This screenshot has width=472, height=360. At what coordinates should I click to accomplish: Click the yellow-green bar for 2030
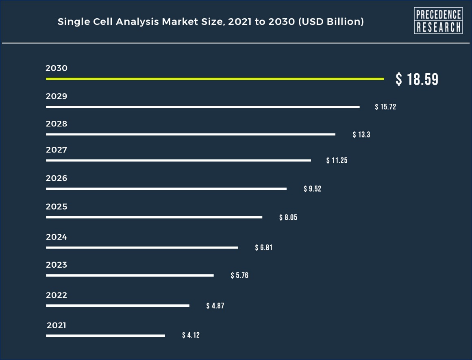215,79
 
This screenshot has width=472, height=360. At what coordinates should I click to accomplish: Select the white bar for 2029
202,107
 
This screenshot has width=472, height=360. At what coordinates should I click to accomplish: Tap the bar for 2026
166,189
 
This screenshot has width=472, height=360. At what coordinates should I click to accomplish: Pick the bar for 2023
130,275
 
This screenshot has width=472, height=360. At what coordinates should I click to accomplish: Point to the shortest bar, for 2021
105,336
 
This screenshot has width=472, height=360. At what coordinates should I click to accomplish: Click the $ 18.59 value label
417,79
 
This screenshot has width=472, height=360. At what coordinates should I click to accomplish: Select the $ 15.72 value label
385,107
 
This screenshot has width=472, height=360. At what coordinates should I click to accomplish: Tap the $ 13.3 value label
361,135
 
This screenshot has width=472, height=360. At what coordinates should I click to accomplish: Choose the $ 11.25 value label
337,160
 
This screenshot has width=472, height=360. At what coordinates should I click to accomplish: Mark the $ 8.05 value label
288,217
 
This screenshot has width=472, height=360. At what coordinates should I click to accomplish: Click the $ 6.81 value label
264,247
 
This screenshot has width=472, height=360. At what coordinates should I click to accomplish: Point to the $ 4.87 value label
215,305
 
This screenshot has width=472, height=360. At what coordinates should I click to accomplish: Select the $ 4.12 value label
191,335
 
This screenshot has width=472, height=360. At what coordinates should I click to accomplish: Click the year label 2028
57,124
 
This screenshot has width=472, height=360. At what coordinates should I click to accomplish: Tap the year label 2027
57,150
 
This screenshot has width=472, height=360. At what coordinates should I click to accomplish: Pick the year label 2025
57,207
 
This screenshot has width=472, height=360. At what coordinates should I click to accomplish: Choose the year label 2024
57,237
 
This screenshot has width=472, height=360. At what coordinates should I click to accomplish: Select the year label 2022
57,295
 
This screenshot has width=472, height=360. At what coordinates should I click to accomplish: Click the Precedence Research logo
438,21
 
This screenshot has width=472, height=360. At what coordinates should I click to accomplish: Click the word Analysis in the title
137,22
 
